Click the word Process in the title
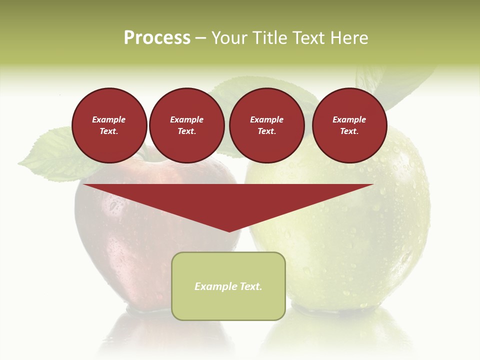pyautogui.click(x=157, y=38)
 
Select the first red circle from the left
pyautogui.click(x=109, y=125)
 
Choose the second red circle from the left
pyautogui.click(x=187, y=125)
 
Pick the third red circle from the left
pyautogui.click(x=267, y=125)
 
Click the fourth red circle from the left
pyautogui.click(x=349, y=125)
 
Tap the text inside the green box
pyautogui.click(x=228, y=286)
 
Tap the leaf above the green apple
pyautogui.click(x=400, y=85)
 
